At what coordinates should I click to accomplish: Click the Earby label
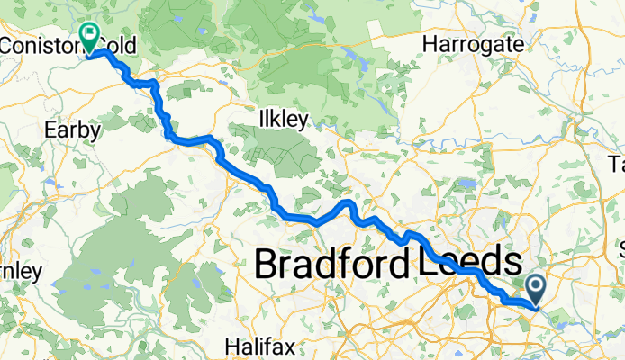72,130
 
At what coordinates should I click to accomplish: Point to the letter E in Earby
50,130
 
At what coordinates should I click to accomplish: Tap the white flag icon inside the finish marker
90,33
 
